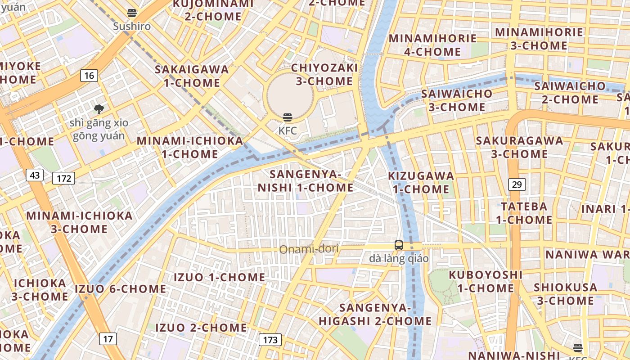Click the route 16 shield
click(89, 75)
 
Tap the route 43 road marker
click(35, 175)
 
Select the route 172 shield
click(63, 178)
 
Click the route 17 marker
click(108, 338)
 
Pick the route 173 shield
click(270, 339)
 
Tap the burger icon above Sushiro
click(132, 13)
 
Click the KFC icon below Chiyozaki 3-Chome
click(288, 118)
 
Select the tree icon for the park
click(99, 108)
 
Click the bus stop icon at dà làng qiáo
click(399, 245)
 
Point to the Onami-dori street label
click(309, 249)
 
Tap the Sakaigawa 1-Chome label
click(192, 76)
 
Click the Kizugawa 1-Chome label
click(421, 182)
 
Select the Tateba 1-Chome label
click(524, 213)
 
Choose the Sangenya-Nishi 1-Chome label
click(306, 180)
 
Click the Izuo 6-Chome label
click(121, 288)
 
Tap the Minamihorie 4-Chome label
click(432, 45)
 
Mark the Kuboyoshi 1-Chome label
click(486, 281)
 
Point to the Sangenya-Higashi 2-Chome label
click(375, 314)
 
